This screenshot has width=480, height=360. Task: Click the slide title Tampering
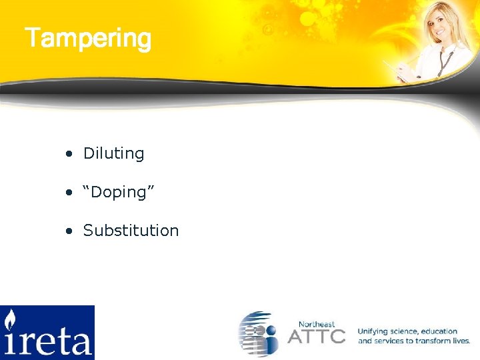88,38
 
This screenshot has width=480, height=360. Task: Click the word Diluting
113,153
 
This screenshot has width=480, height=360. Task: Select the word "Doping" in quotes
119,192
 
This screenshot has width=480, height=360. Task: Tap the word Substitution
131,231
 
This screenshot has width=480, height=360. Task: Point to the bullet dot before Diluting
69,154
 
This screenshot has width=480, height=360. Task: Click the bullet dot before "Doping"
69,193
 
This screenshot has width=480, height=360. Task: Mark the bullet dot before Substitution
69,231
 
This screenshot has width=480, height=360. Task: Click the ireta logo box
47,332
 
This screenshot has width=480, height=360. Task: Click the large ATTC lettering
317,336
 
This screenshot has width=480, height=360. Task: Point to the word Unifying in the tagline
373,331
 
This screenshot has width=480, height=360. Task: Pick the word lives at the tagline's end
461,341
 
